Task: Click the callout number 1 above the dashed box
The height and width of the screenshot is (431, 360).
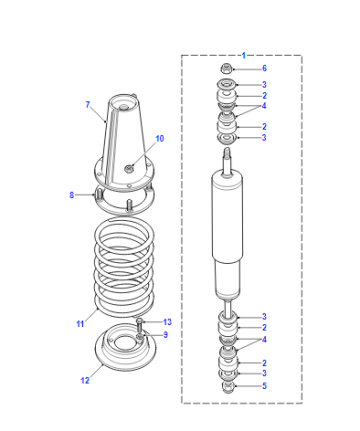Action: (244, 55)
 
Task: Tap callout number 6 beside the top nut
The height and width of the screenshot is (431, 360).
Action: (264, 68)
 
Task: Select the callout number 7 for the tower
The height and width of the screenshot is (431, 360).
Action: (88, 105)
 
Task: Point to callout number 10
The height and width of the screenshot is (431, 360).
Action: (160, 138)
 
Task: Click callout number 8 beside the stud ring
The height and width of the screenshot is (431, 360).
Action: (71, 195)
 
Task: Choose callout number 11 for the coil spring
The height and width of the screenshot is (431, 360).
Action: (80, 324)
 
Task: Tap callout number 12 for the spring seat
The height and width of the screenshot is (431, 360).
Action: (85, 380)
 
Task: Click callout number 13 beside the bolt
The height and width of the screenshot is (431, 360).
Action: (167, 322)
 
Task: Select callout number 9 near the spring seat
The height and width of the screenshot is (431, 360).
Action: (165, 334)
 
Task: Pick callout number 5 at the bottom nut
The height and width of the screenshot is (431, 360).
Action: (264, 386)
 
